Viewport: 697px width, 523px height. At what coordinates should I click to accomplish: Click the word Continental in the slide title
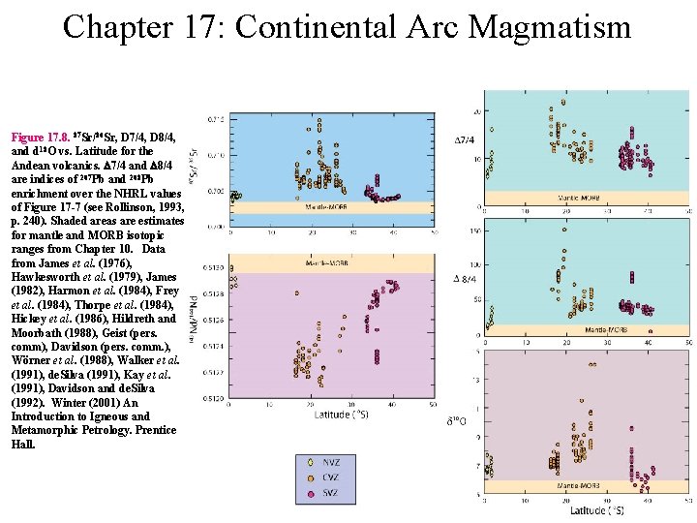click(x=314, y=26)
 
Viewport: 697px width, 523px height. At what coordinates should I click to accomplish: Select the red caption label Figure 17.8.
click(x=45, y=138)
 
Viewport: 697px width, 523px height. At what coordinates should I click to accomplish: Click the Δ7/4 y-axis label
click(x=465, y=141)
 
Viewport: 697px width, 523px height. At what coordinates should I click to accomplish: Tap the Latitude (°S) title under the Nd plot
click(x=340, y=415)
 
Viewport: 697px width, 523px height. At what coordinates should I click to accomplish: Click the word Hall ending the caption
click(x=23, y=444)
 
